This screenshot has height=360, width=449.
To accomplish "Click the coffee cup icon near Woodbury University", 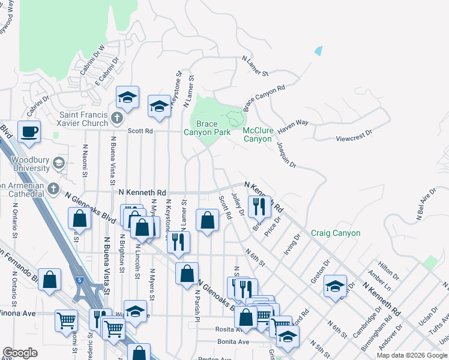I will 29,131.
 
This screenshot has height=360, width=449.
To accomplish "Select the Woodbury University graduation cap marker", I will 58,163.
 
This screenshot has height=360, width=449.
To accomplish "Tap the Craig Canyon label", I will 336,233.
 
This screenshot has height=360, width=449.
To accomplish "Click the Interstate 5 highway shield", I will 79,280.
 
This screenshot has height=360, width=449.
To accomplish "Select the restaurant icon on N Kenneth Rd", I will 259,207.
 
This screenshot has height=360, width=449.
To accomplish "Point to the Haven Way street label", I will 294,124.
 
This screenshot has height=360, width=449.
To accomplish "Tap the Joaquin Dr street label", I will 286,154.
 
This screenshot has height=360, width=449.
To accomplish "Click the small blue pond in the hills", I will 318,51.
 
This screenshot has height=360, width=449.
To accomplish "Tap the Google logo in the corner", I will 20,353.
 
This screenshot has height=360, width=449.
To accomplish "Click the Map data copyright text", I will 412,355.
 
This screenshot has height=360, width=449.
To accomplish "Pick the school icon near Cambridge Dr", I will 335,286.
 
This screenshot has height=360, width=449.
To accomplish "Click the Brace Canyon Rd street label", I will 264,98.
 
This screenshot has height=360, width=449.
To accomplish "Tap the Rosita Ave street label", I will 228,329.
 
